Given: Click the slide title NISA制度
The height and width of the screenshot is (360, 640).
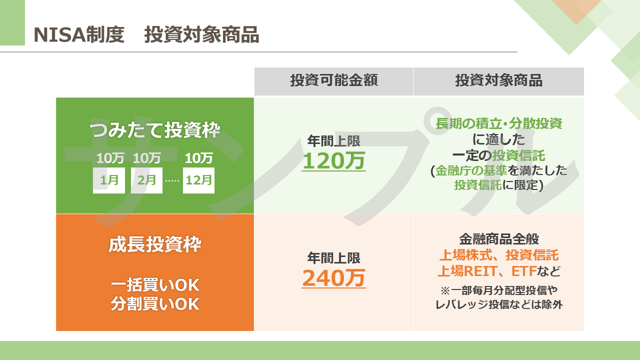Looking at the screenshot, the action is [x=79, y=35].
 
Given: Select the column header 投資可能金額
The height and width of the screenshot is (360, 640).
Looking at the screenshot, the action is [x=334, y=80].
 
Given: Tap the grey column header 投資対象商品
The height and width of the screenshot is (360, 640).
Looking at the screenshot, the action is [x=499, y=80].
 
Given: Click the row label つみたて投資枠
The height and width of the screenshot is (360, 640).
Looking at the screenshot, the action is [x=155, y=130].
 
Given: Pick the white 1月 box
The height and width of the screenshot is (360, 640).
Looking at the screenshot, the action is [x=109, y=180].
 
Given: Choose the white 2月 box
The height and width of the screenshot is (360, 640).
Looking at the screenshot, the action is [x=146, y=180].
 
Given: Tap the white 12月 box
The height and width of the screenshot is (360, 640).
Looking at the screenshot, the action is [x=198, y=180].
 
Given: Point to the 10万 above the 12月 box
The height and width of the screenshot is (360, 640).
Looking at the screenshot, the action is [x=199, y=158].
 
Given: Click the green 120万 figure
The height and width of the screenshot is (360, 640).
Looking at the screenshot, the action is [x=333, y=161].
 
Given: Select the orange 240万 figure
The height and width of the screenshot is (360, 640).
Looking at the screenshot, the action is [x=333, y=278].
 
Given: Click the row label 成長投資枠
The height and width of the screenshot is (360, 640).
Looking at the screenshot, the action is [x=155, y=244].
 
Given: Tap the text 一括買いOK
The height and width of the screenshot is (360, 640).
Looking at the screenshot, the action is [x=155, y=285].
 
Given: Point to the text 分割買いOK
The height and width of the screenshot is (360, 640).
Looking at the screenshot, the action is [x=155, y=303].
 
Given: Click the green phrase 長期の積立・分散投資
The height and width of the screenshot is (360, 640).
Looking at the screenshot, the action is [x=499, y=123].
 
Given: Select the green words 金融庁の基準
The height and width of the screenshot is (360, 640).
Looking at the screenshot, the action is [x=471, y=170].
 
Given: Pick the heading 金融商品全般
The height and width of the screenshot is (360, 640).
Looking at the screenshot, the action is [x=499, y=239].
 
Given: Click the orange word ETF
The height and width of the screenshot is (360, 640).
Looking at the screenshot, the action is [x=524, y=271].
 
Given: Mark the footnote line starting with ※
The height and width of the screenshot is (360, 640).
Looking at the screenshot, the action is [x=499, y=290].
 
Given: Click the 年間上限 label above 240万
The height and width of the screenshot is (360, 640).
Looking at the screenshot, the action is [x=333, y=258].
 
